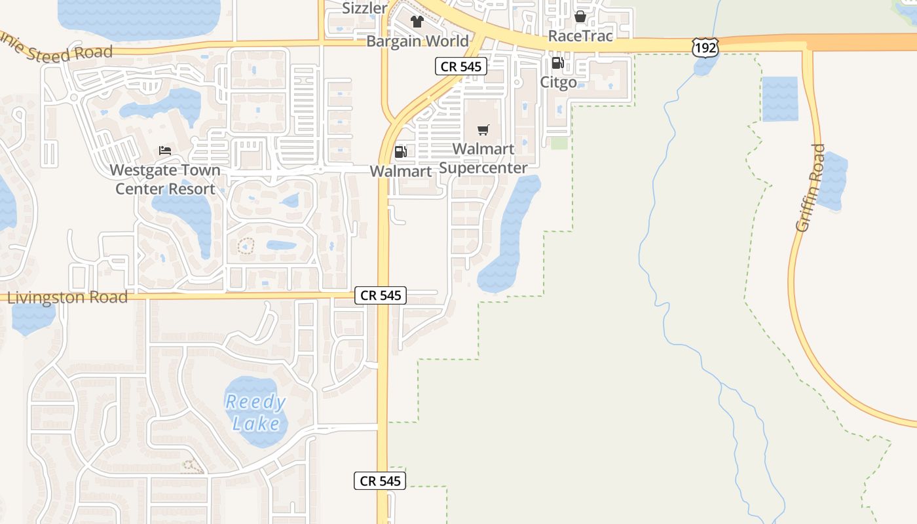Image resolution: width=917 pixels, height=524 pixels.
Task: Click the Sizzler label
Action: [x=365, y=8]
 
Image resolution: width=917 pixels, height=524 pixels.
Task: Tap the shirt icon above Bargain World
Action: [x=417, y=22]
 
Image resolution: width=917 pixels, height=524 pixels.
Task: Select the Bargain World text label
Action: [x=417, y=41]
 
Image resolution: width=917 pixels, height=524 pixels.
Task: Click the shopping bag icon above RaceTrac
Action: [x=580, y=16]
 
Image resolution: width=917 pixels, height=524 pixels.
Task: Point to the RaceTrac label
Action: [x=580, y=35]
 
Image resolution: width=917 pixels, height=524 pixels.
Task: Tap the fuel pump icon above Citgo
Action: [x=557, y=63]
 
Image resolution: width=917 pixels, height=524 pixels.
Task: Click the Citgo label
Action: [x=558, y=82]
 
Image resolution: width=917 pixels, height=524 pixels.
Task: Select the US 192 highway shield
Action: [x=705, y=47]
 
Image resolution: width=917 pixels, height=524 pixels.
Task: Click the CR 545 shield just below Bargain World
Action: [x=461, y=66]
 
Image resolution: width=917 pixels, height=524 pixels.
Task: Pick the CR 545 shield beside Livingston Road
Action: [x=381, y=295]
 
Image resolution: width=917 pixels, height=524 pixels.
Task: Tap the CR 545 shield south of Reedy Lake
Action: [x=381, y=481]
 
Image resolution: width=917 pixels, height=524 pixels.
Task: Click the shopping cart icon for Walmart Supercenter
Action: [x=483, y=130]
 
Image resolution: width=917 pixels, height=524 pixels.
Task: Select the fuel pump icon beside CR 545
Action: [x=400, y=152]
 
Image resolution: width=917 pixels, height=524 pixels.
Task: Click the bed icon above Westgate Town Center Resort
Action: [x=165, y=151]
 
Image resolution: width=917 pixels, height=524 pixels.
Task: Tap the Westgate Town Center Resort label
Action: [x=165, y=179]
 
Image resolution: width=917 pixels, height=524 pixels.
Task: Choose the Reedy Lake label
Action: [x=256, y=413]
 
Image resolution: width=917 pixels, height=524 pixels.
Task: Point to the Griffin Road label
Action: [x=810, y=187]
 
